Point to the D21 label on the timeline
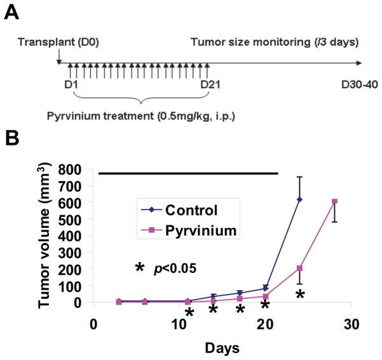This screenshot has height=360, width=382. click(x=209, y=83)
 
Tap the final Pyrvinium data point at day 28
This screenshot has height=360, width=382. click(x=334, y=202)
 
